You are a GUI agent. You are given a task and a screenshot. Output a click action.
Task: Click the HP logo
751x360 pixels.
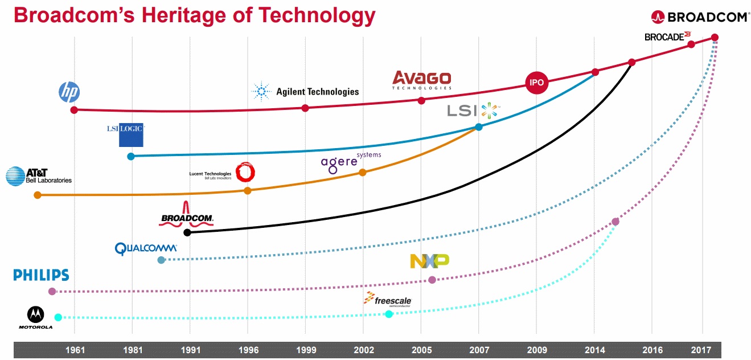[x=69, y=92]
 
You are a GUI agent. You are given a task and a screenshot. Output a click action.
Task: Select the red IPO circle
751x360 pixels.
[x=536, y=83]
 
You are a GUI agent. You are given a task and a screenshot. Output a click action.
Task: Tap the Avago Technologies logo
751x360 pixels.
[x=422, y=80]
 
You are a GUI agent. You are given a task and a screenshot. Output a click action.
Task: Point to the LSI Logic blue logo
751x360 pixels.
[x=126, y=135]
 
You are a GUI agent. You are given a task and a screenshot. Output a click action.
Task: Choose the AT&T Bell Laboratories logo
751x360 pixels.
[x=39, y=176]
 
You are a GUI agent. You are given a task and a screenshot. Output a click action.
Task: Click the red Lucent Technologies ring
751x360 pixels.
[x=245, y=172]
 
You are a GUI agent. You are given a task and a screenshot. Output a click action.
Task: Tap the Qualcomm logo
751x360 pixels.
[x=146, y=248]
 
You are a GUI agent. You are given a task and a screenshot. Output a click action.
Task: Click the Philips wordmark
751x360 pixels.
[x=41, y=276]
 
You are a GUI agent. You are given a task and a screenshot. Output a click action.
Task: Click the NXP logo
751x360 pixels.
[x=429, y=261]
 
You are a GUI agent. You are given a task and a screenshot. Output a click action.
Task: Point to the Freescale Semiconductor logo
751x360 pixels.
[x=388, y=300]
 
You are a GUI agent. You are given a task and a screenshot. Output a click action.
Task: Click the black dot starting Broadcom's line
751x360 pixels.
[x=187, y=232]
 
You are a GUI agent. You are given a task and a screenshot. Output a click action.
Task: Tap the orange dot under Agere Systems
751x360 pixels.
[x=363, y=173]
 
